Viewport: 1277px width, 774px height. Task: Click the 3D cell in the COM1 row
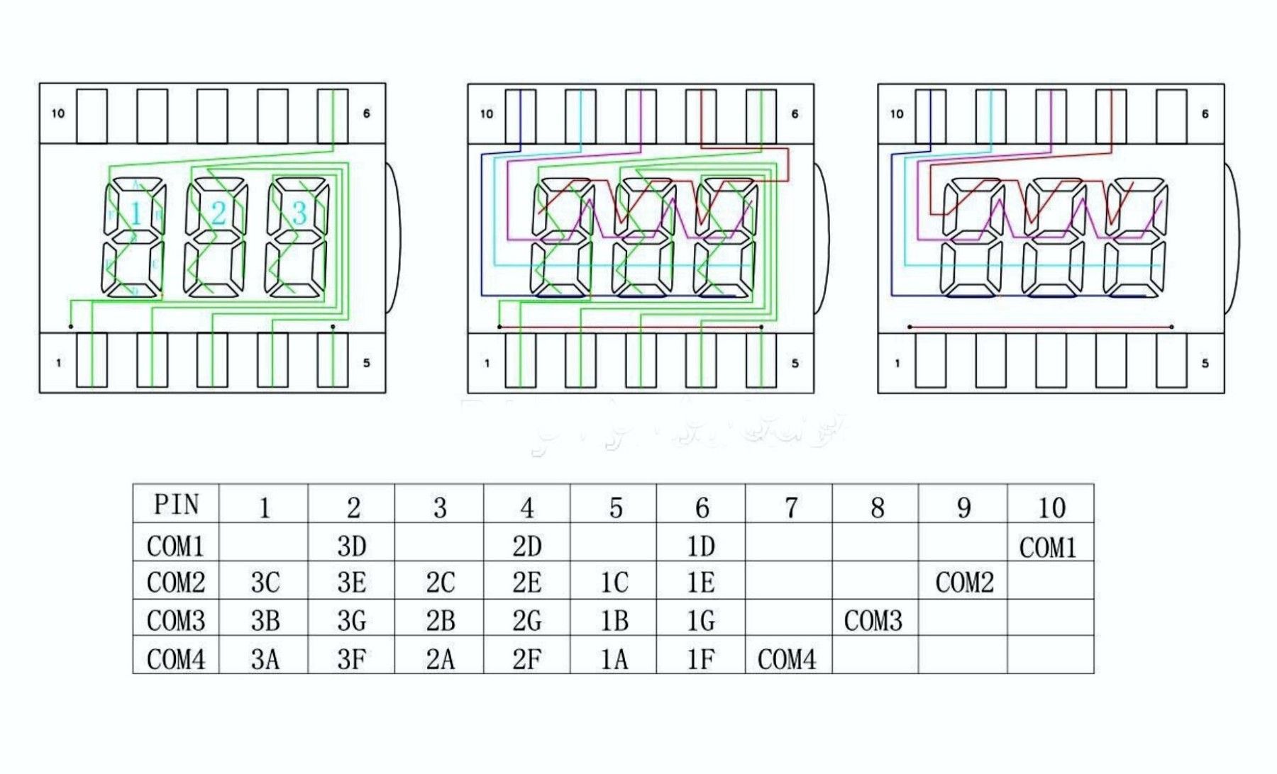352,546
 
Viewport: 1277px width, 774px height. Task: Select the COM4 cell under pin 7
787,659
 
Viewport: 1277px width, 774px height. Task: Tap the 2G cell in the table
526,621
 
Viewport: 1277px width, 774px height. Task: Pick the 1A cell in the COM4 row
614,659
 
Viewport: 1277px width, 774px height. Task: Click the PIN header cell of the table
176,505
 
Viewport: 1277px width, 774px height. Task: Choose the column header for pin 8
877,507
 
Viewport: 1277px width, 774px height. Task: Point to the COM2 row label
176,583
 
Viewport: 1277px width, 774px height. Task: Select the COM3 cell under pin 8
873,621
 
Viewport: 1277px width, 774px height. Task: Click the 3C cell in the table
265,583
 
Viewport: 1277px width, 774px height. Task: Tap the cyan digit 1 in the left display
136,213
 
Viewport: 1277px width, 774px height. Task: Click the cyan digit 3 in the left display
299,213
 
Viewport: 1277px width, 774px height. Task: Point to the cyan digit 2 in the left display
219,213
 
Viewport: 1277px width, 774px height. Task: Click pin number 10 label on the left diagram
57,113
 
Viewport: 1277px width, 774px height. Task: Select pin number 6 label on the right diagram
1205,113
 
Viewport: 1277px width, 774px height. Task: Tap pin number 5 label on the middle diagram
795,363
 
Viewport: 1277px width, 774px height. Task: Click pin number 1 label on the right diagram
897,363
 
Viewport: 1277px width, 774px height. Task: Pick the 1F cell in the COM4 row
701,659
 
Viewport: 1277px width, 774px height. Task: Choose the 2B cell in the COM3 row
440,621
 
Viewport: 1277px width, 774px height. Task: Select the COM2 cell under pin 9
964,583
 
